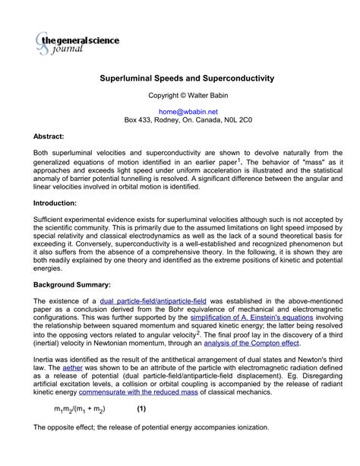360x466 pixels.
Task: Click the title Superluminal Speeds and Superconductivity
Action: click(x=188, y=78)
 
